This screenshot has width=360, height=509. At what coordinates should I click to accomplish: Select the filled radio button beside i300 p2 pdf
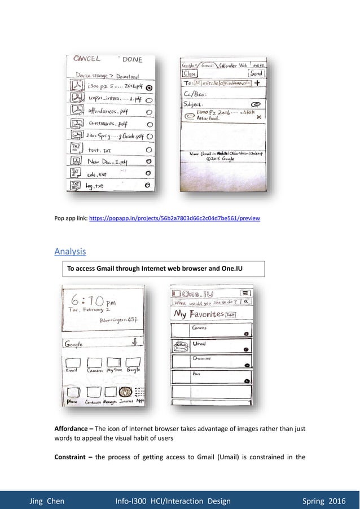click(x=148, y=88)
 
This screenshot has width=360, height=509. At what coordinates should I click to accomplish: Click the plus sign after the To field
click(x=257, y=82)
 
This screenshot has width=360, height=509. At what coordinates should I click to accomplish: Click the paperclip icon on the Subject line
click(x=255, y=104)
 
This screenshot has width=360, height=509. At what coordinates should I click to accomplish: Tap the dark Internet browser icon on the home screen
click(x=126, y=392)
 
